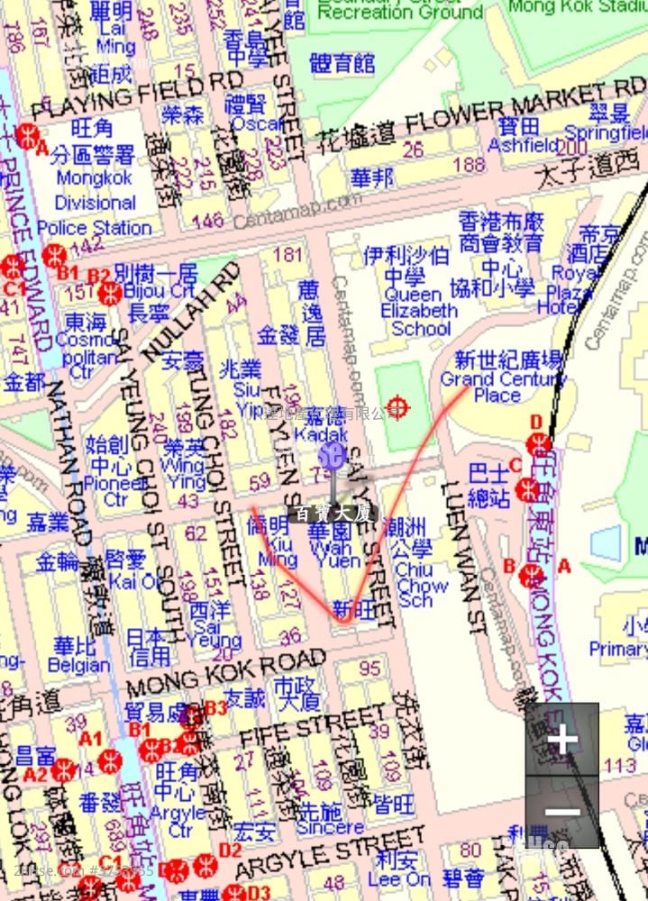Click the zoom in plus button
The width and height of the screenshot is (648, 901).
[x=562, y=740]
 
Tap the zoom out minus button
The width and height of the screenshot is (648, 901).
[x=562, y=812]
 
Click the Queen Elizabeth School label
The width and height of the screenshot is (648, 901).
[x=420, y=311]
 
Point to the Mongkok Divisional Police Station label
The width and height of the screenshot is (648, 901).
[x=94, y=202]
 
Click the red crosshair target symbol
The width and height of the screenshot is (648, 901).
[x=398, y=408]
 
